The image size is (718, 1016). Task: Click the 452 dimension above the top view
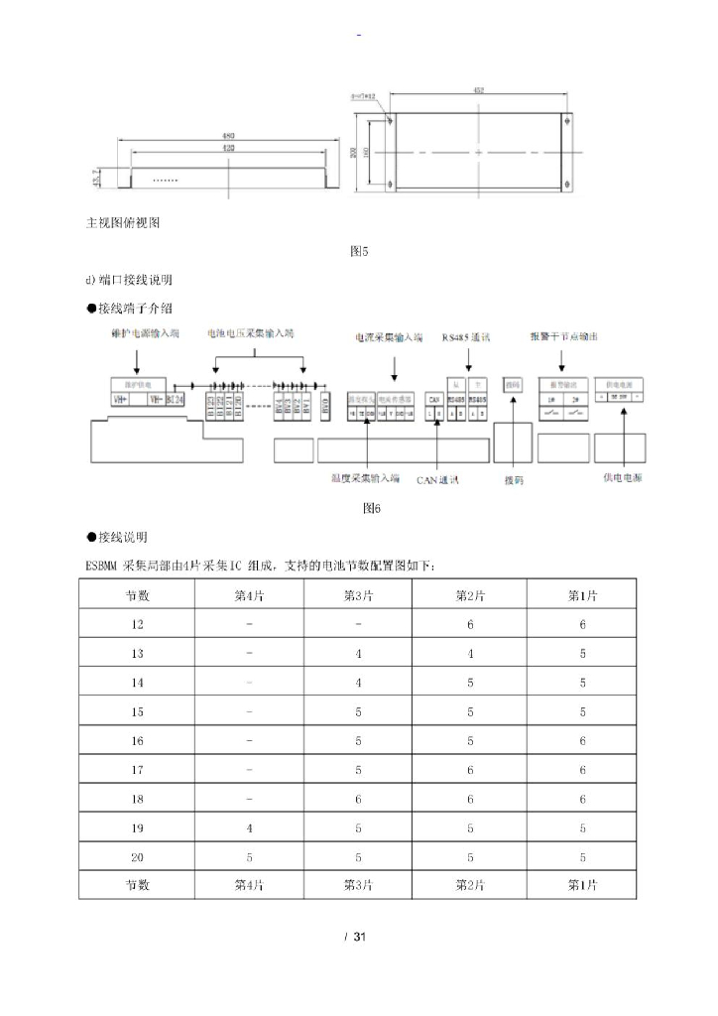click(478, 91)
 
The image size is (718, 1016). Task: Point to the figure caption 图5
click(359, 251)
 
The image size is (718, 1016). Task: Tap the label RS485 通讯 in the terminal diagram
click(473, 337)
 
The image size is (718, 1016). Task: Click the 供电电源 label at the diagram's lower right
click(622, 476)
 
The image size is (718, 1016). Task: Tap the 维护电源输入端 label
click(146, 334)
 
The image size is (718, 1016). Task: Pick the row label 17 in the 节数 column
click(137, 769)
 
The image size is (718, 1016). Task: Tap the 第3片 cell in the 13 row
click(359, 654)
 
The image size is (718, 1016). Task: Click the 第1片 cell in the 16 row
click(582, 740)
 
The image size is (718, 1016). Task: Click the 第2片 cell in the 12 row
click(470, 624)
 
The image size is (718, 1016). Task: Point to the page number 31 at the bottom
click(360, 938)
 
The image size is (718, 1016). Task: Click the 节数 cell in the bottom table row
click(137, 885)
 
